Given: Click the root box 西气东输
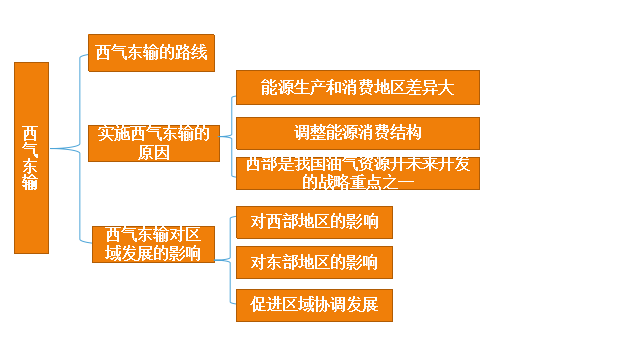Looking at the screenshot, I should click(31, 157).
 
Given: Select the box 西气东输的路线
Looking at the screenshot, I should click(152, 51).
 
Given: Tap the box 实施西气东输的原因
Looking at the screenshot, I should click(153, 143).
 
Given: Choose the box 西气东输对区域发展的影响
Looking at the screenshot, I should click(153, 244).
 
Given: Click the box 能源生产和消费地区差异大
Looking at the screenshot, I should click(357, 87).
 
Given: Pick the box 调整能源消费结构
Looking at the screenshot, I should click(357, 132).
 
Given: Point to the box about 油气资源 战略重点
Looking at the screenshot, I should click(357, 174).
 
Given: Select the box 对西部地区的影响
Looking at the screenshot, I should click(314, 222).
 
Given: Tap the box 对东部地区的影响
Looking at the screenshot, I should click(314, 263).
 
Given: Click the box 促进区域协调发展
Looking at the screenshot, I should click(314, 304).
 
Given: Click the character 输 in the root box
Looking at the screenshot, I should click(31, 183).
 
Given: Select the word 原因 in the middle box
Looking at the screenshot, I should click(153, 153).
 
